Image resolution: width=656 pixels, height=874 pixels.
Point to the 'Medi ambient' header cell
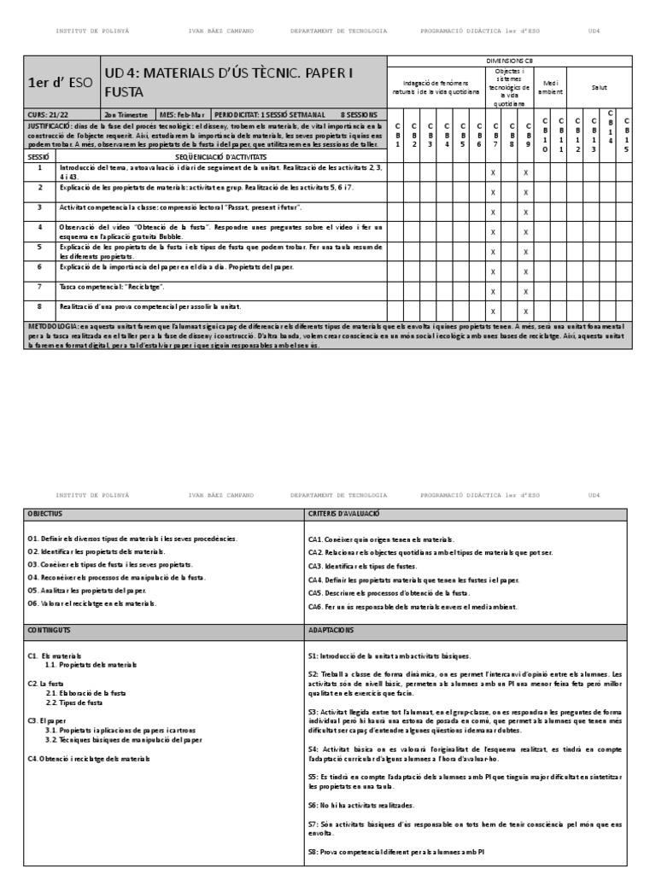pyautogui.click(x=550, y=87)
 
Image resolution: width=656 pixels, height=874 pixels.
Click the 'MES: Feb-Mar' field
pyautogui.click(x=182, y=114)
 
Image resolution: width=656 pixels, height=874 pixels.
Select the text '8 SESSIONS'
pyautogui.click(x=358, y=114)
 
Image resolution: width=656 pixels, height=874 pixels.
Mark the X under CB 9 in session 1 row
pyautogui.click(x=525, y=173)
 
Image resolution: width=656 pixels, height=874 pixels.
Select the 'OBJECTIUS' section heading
pyautogui.click(x=45, y=514)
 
